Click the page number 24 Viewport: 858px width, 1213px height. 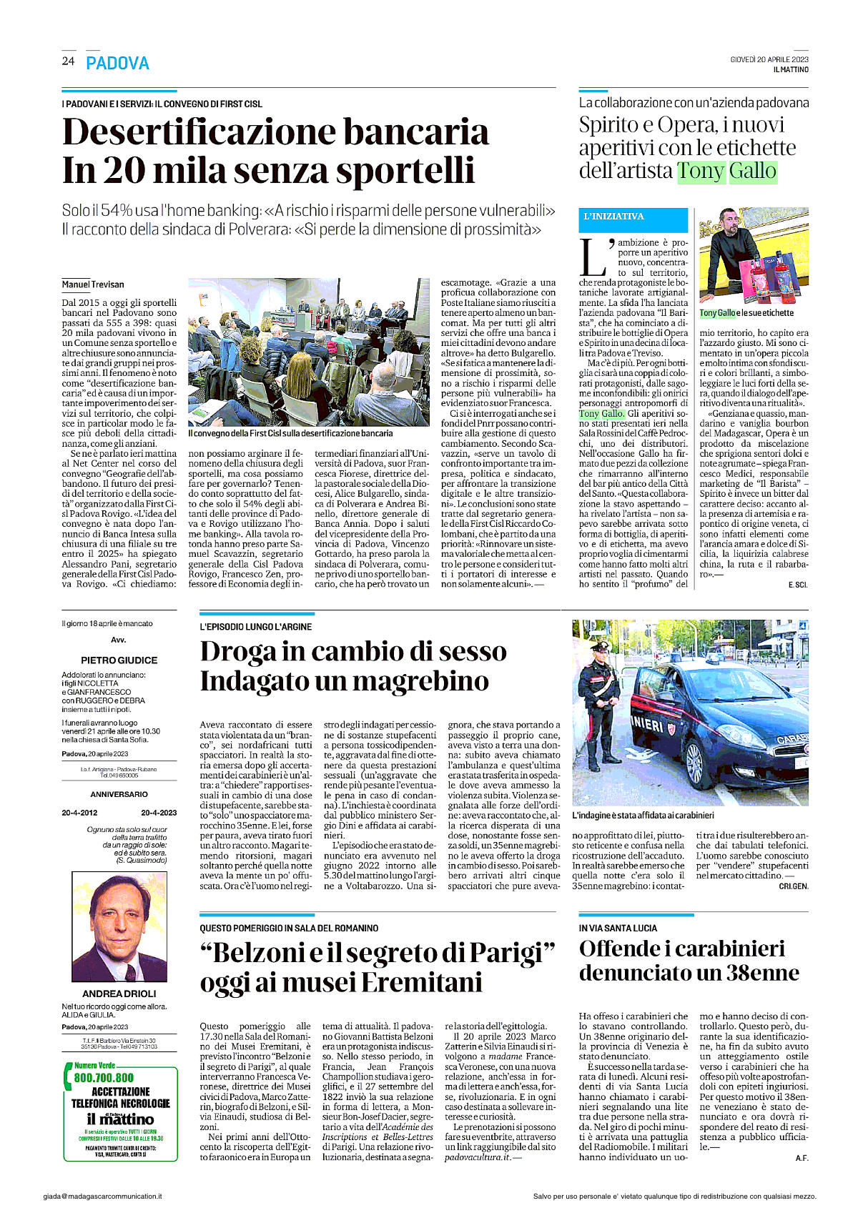[68, 61]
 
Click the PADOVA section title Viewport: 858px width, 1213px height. [117, 64]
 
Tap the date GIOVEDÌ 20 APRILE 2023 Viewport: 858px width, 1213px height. [769, 59]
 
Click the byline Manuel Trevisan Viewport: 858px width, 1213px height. [92, 284]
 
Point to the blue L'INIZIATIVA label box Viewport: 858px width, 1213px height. [633, 218]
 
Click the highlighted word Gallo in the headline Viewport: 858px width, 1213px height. [752, 172]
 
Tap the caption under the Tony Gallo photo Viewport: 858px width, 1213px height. [746, 313]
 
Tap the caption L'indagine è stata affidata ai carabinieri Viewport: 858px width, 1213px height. [643, 815]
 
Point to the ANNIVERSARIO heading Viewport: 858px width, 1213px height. [119, 794]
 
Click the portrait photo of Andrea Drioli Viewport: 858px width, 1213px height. [119, 926]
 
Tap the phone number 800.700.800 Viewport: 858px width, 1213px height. [104, 1077]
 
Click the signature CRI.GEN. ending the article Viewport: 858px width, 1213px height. [794, 886]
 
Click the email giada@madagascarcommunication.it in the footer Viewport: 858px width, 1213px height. [102, 1196]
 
